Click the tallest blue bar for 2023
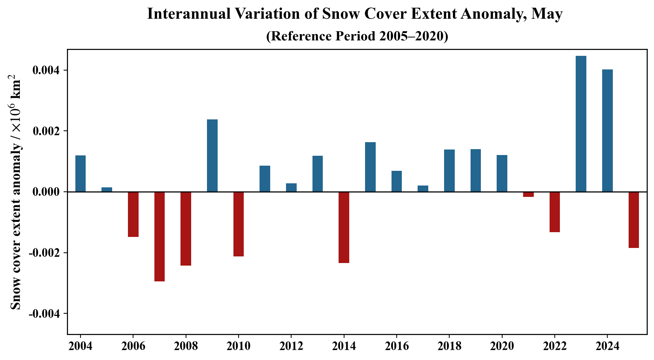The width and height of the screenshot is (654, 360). (581, 124)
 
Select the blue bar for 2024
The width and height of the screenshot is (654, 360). (607, 130)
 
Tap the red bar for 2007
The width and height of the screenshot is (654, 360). (160, 237)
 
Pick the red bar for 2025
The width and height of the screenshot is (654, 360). (634, 220)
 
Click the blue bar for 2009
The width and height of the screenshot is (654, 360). (212, 155)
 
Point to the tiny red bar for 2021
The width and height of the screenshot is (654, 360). (528, 194)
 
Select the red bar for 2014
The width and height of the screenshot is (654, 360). (344, 227)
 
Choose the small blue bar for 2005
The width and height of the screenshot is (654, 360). (107, 190)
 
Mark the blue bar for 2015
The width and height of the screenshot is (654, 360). (370, 167)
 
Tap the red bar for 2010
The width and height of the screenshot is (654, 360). (239, 224)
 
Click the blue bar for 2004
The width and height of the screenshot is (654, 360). (81, 173)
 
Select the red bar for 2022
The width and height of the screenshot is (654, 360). (555, 212)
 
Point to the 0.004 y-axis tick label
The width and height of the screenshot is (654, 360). (46, 71)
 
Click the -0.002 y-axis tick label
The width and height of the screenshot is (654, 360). (44, 253)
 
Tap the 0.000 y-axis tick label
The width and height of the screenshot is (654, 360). (46, 192)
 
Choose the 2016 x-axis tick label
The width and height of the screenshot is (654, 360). (396, 346)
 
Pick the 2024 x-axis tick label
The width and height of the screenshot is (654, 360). (607, 346)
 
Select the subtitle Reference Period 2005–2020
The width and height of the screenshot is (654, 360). (357, 36)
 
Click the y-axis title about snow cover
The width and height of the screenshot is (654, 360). (15, 192)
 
